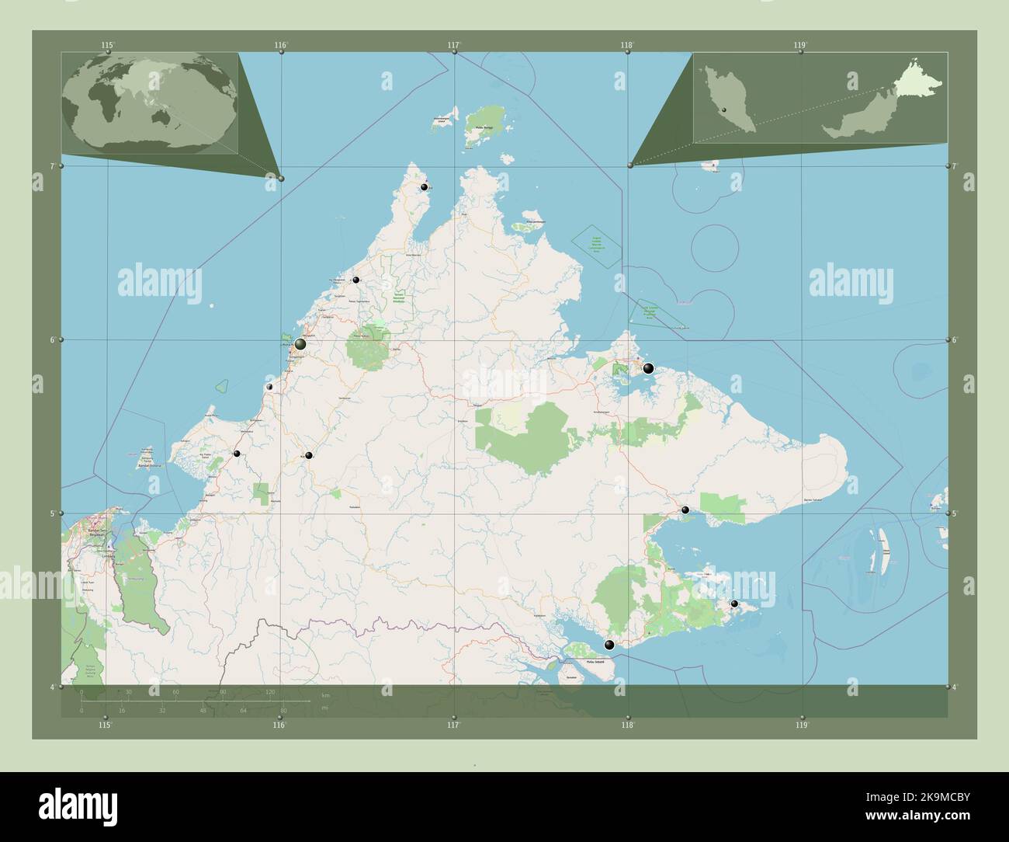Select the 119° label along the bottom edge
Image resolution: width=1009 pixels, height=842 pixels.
click(x=802, y=725)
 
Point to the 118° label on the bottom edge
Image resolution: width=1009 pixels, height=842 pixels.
click(x=627, y=725)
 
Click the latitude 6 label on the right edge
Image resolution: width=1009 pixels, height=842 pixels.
click(x=955, y=340)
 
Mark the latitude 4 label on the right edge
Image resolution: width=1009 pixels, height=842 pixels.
click(x=955, y=687)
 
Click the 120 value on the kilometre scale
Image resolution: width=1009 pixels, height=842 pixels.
click(x=270, y=691)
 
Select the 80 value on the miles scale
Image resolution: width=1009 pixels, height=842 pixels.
click(x=284, y=710)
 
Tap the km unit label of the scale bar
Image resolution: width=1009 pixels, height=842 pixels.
click(x=325, y=694)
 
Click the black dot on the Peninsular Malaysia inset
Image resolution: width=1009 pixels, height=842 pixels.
click(x=724, y=111)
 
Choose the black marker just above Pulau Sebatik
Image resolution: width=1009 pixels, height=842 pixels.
click(x=609, y=645)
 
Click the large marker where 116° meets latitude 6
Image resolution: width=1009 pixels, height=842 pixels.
click(x=300, y=343)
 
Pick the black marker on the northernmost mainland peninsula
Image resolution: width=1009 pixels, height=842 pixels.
click(x=425, y=187)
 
